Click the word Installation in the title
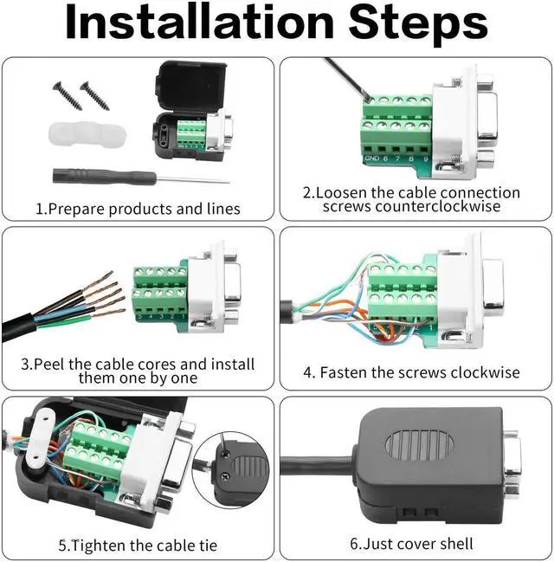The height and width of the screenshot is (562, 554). coord(200,23)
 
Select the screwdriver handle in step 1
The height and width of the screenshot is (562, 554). coord(104,176)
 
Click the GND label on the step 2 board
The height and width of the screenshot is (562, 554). coord(371,158)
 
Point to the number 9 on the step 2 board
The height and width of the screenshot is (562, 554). coord(426,158)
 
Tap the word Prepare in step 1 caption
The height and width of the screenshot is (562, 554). coord(75,209)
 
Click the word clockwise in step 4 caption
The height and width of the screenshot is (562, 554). coord(486,372)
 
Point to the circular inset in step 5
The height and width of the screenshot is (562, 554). coord(230,470)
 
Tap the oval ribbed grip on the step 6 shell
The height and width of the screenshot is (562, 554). coord(420,445)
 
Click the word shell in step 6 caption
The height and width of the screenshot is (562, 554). coord(456,544)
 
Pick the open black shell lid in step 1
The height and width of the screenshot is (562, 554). coord(191,87)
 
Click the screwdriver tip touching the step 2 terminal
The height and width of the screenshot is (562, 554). coord(369,97)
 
